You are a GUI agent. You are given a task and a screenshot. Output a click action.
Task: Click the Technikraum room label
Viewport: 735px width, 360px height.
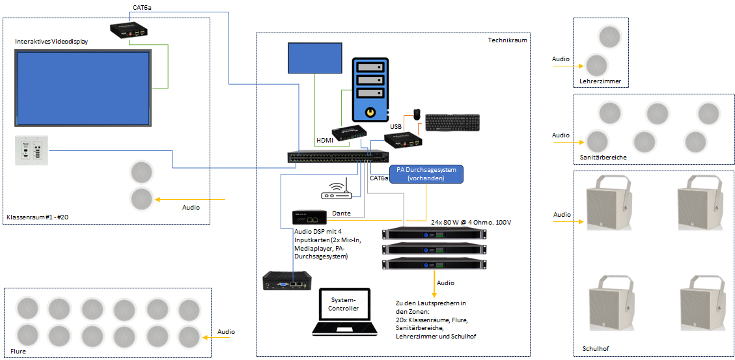tap(507, 40)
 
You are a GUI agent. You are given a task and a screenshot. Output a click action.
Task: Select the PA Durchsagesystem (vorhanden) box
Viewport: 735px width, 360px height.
tap(426, 174)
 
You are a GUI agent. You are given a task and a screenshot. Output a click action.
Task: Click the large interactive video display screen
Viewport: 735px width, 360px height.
tap(83, 87)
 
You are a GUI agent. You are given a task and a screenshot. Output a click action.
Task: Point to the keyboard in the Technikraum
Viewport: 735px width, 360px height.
tap(451, 123)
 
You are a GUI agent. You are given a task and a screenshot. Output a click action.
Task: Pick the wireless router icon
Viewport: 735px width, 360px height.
tap(337, 189)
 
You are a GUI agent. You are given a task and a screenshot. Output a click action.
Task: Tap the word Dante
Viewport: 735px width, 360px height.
tap(342, 213)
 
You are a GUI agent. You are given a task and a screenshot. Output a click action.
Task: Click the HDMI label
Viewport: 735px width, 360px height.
tap(325, 141)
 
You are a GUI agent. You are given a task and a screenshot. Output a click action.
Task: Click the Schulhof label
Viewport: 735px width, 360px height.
tap(595, 350)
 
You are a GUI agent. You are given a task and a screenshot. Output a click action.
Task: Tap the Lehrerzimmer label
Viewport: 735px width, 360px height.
tap(600, 81)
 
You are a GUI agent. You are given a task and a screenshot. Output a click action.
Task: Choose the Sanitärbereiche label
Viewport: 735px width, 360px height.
tap(603, 158)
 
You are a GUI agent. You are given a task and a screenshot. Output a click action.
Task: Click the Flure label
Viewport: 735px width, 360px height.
tap(18, 351)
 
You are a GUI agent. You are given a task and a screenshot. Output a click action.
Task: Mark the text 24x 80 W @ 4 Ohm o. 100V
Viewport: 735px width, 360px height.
tap(471, 222)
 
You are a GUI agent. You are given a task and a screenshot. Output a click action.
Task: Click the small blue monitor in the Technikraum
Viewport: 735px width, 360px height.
tap(314, 58)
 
